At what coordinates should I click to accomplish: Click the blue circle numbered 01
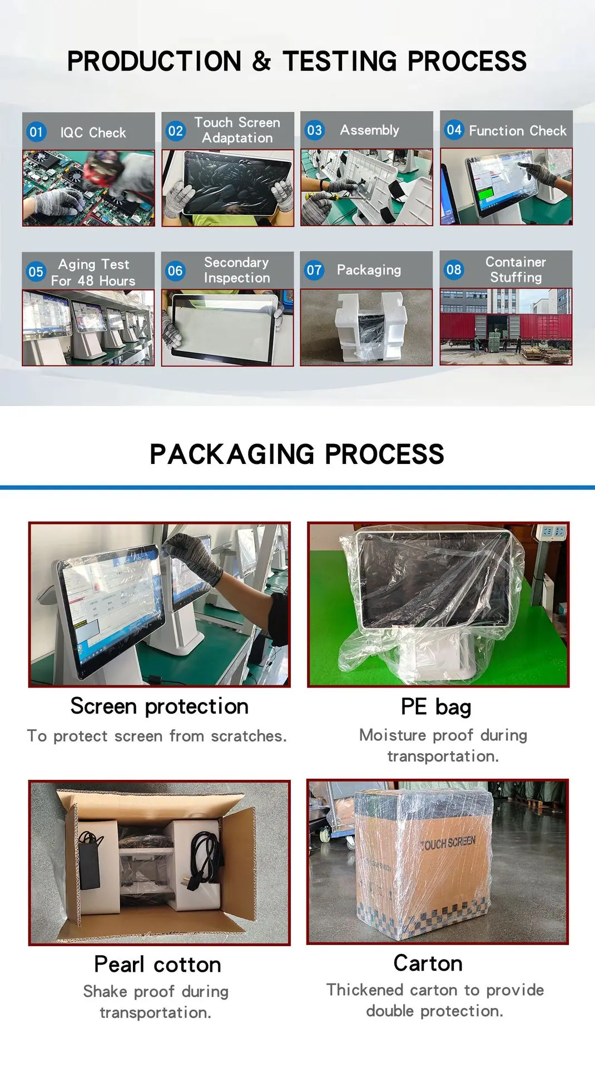point(36,132)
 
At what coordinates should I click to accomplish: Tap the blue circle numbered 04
point(454,130)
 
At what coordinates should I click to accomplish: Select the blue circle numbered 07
point(314,270)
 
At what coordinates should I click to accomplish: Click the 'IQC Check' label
point(93,133)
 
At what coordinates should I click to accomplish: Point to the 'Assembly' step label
point(370,130)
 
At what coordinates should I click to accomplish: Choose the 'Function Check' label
point(518,131)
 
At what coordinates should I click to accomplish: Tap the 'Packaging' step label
point(369,270)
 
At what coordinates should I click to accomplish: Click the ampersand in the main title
point(261,61)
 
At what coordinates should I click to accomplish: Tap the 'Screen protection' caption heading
point(160,706)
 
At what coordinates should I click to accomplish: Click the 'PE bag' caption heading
point(436,707)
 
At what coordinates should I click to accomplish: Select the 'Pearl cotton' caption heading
point(158,964)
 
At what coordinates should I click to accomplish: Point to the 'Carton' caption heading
point(428,963)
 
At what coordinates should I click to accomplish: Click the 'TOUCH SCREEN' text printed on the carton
point(448,843)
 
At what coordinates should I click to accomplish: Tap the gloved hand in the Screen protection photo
point(195,557)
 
